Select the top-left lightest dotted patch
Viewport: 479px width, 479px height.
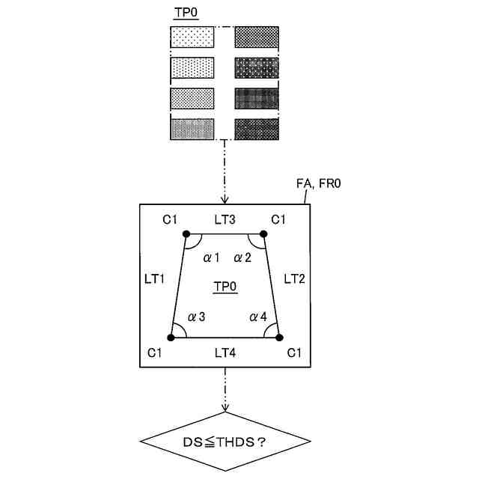[x=192, y=37]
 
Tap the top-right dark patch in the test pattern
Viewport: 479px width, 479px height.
[x=257, y=37]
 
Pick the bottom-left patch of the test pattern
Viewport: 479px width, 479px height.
[x=192, y=129]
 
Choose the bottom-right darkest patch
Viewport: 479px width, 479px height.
[x=257, y=129]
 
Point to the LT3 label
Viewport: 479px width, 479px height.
[x=225, y=219]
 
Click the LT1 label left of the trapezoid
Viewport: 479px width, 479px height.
[x=155, y=278]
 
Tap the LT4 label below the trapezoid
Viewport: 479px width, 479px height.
[x=225, y=352]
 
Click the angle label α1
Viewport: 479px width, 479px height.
[x=211, y=258]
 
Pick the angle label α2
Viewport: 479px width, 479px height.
[x=242, y=258]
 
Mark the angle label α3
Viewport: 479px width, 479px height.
[x=197, y=317]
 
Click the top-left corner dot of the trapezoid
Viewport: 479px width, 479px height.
[x=186, y=234]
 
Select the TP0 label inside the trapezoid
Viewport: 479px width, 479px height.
[x=225, y=287]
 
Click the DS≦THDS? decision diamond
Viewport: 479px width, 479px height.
[x=225, y=442]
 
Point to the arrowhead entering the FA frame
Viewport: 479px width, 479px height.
[x=225, y=200]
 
